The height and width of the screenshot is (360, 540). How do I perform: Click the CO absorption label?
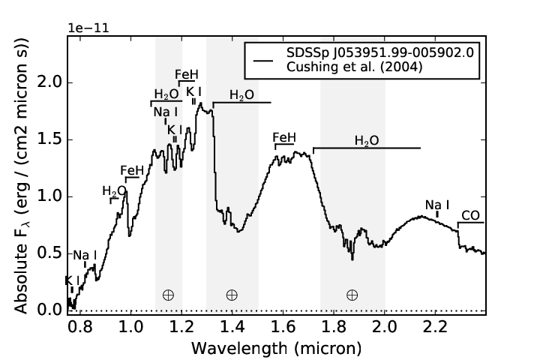[x=470, y=216]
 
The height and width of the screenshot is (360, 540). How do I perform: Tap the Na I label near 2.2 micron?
[x=437, y=205]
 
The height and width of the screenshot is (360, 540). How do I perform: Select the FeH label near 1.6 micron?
[x=284, y=137]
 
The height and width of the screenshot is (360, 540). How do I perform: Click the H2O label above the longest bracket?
[x=367, y=140]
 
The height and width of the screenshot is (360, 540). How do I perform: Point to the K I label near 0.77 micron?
[x=72, y=280]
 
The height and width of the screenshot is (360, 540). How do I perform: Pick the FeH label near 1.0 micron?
[x=132, y=170]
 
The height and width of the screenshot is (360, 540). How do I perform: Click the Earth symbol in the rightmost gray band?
[x=352, y=295]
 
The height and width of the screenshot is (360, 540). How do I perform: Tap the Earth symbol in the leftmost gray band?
[x=168, y=295]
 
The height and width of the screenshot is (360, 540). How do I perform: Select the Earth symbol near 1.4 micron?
[x=232, y=295]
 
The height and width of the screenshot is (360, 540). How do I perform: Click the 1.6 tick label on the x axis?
[x=283, y=326]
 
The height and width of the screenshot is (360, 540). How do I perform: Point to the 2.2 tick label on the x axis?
[x=435, y=326]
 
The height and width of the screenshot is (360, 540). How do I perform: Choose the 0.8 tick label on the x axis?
[x=80, y=326]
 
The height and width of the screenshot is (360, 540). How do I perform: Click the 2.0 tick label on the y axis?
[x=49, y=82]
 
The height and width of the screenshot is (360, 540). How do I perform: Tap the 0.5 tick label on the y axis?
[x=49, y=253]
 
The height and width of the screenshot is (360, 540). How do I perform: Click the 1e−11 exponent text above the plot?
[x=88, y=28]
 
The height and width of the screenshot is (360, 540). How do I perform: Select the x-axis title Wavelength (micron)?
[x=277, y=348]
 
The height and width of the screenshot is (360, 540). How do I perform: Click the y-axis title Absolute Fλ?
[x=21, y=175]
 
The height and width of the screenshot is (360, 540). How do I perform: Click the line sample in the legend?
[x=263, y=61]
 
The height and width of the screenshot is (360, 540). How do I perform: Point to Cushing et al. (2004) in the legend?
[x=354, y=67]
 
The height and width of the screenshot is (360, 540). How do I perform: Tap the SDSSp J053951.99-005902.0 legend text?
[x=380, y=52]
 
